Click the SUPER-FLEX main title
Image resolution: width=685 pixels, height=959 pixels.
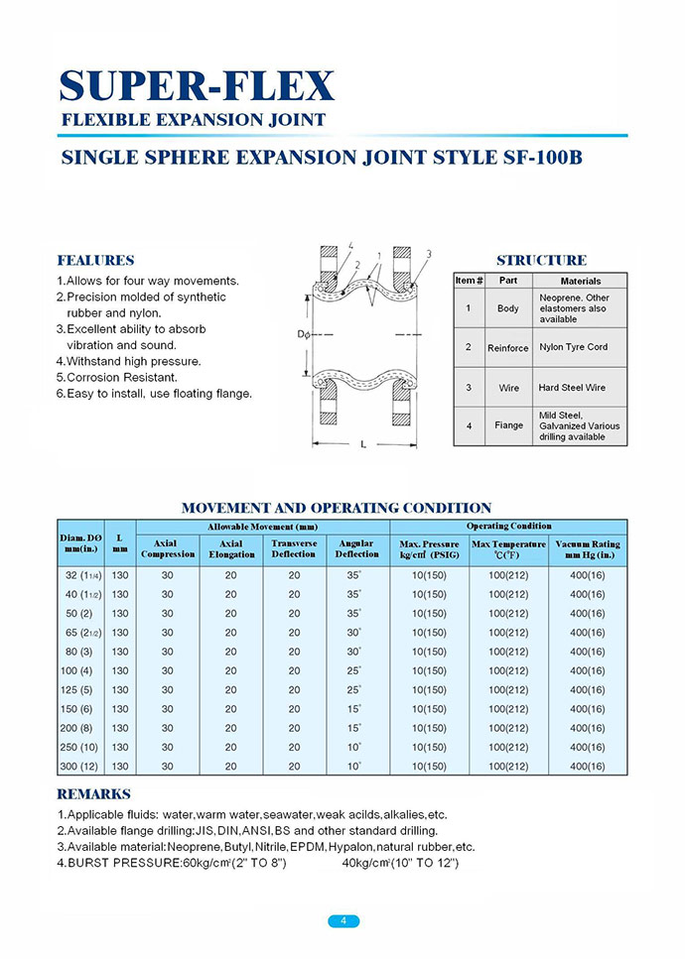tap(197, 86)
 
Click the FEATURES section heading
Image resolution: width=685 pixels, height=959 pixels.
tap(95, 261)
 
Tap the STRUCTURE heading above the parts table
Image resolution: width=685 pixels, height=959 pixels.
tap(541, 261)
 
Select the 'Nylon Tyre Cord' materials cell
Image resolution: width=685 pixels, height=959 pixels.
tap(573, 347)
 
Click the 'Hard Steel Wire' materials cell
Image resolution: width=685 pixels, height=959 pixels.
tap(572, 388)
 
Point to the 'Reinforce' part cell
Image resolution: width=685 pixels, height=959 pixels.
tap(507, 348)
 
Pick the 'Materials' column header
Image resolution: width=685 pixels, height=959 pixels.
tap(581, 281)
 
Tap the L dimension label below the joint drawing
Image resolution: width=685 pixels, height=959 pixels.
tap(363, 444)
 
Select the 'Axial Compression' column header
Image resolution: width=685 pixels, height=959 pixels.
tap(168, 548)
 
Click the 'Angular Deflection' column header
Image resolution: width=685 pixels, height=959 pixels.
tap(356, 548)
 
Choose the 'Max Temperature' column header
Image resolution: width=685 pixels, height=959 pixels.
tap(508, 548)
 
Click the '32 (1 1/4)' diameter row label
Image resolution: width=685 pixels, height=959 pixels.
tap(82, 575)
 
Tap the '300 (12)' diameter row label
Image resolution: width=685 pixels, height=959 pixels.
tap(82, 767)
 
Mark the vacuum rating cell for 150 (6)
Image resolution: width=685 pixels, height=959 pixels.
tap(587, 709)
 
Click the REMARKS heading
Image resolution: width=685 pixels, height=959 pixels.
tap(93, 794)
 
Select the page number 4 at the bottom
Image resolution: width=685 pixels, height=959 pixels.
tap(342, 920)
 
